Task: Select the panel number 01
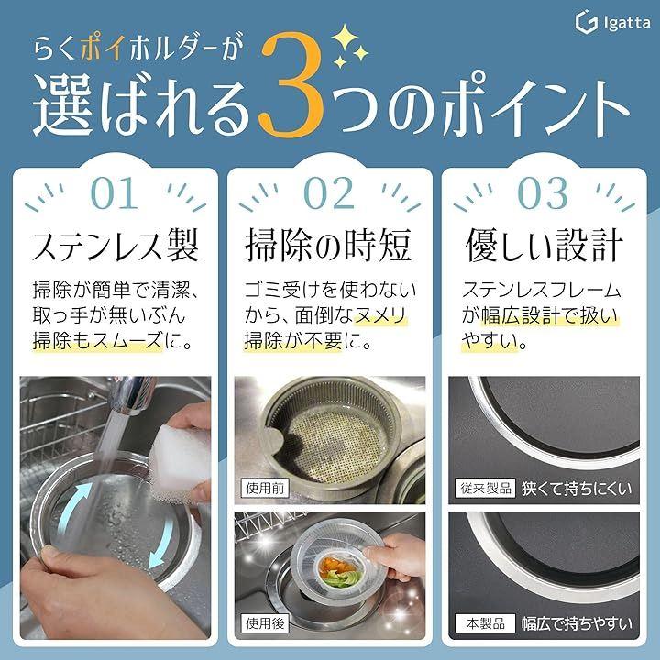(x=115, y=193)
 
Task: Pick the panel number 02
(x=329, y=193)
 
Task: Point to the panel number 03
(x=543, y=193)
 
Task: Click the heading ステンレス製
(x=115, y=245)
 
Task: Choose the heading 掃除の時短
(x=328, y=245)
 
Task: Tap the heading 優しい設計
(x=544, y=245)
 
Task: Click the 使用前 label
(x=265, y=488)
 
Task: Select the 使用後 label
(x=265, y=622)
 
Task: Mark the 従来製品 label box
(x=485, y=489)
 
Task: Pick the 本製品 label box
(x=485, y=623)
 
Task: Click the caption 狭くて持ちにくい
(x=577, y=489)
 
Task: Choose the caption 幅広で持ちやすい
(x=577, y=623)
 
